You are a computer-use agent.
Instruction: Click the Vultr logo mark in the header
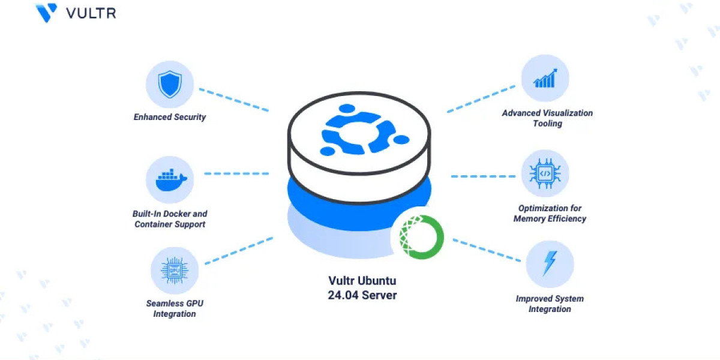(x=46, y=13)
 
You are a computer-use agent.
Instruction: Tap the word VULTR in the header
(x=91, y=13)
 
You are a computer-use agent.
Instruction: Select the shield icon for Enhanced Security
(x=170, y=85)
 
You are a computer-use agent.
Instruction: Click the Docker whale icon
(x=170, y=179)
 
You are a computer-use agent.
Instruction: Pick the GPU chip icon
(x=175, y=270)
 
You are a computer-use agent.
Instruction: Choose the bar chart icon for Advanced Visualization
(x=545, y=79)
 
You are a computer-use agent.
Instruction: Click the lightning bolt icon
(x=549, y=264)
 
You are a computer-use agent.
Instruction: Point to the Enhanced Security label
(x=170, y=117)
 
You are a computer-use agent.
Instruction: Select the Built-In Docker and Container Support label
(x=170, y=219)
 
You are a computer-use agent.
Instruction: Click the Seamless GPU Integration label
(x=175, y=308)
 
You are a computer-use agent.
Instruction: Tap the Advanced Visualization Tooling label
(x=547, y=118)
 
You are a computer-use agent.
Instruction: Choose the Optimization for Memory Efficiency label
(x=550, y=214)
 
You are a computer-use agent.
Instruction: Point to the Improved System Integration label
(x=550, y=304)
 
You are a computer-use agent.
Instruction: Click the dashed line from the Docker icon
(x=236, y=173)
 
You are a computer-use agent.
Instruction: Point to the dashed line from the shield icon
(x=234, y=100)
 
